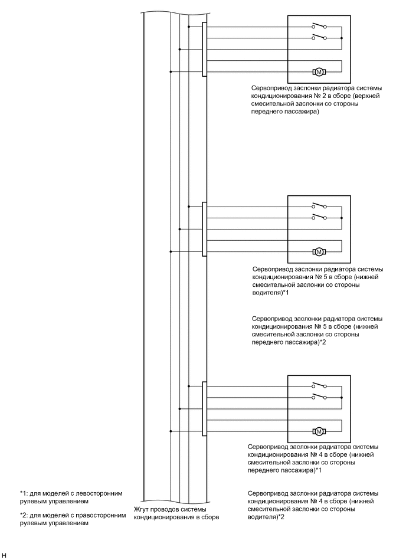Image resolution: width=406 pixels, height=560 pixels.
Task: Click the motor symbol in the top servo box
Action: [x=319, y=72]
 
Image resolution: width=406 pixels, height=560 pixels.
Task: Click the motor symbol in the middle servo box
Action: [x=319, y=251]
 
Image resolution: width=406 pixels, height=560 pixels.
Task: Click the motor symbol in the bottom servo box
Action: [x=319, y=430]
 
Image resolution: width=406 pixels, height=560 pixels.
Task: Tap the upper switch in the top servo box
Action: [x=319, y=26]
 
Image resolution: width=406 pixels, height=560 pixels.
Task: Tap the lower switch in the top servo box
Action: [x=319, y=37]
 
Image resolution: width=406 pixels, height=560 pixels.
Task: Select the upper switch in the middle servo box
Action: [x=319, y=206]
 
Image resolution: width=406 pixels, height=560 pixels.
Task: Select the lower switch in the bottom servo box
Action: [x=319, y=396]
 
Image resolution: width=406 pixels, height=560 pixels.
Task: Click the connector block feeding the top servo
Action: [x=204, y=49]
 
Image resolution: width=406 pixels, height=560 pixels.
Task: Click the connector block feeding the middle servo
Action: [x=204, y=229]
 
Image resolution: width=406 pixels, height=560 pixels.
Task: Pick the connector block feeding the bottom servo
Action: [x=204, y=408]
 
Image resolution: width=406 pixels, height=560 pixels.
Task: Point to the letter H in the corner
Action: [x=4, y=555]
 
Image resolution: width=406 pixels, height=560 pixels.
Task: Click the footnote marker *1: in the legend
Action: [x=25, y=493]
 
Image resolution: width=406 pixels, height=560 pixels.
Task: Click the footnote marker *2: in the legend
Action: [x=25, y=515]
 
